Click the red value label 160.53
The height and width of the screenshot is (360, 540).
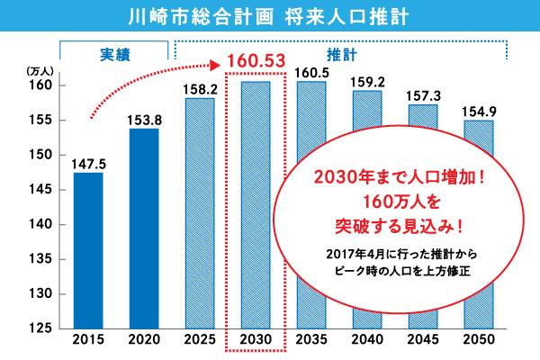pyautogui.click(x=256, y=61)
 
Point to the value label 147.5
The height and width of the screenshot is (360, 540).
pyautogui.click(x=88, y=163)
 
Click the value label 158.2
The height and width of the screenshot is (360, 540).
pyautogui.click(x=200, y=88)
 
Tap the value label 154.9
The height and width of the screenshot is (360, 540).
pyautogui.click(x=477, y=111)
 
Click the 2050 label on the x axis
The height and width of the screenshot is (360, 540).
pyautogui.click(x=477, y=341)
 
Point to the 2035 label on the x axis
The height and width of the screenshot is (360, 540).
pyautogui.click(x=310, y=341)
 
